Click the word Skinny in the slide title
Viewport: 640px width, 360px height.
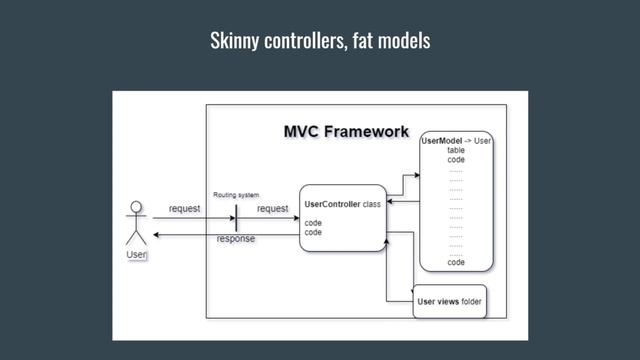(x=233, y=41)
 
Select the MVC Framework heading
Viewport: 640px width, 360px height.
(x=346, y=131)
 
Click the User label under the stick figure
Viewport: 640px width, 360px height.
(x=136, y=256)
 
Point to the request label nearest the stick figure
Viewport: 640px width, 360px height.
(x=184, y=208)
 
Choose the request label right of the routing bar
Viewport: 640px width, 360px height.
(x=272, y=208)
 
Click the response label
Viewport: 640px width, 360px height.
(x=236, y=240)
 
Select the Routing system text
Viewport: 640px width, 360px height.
(x=236, y=194)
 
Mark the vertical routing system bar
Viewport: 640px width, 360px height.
(x=236, y=217)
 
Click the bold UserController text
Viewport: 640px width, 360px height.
(x=333, y=204)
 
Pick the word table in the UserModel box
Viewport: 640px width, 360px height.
(x=456, y=151)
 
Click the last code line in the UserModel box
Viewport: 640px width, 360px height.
(x=456, y=262)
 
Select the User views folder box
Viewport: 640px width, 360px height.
(x=449, y=301)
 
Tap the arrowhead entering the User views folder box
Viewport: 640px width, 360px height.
(x=409, y=296)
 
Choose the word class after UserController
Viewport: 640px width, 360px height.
(x=372, y=204)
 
